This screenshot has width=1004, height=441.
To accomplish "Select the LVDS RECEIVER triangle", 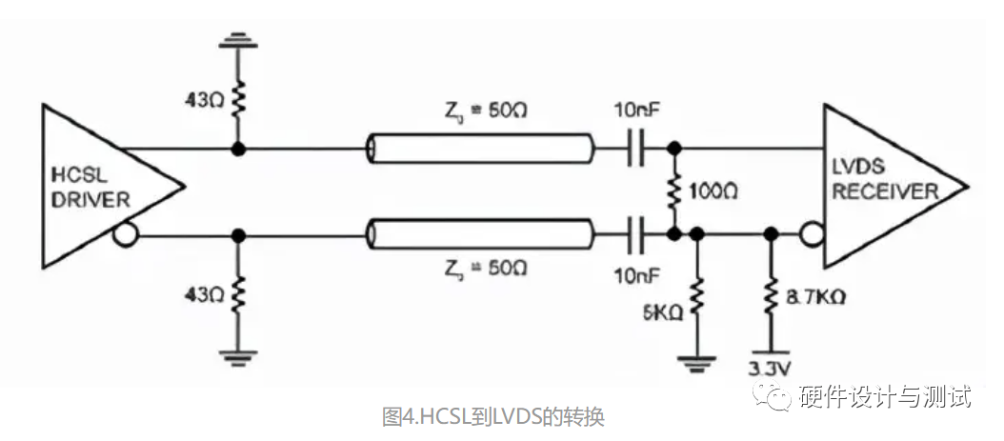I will pos(876,186).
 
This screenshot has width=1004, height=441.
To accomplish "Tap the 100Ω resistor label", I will pos(713,192).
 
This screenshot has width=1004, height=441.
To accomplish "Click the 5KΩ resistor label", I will pos(663,313).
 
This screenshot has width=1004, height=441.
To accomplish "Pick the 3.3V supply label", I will pos(771,369).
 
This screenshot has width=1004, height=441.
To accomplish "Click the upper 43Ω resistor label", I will pos(205,97).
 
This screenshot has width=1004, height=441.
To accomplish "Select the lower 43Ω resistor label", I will pos(205,295).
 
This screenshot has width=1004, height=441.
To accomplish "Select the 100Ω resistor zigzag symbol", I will pos(674,190).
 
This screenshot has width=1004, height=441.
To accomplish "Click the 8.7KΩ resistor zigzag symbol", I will pos(772,295).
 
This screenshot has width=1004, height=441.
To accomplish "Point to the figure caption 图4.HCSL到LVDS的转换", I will pos(493,417).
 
